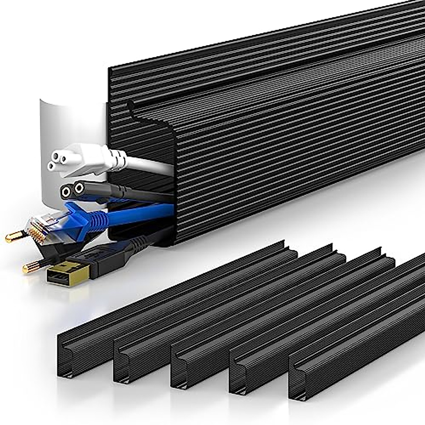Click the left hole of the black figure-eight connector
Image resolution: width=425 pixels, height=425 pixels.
coord(66,192)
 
